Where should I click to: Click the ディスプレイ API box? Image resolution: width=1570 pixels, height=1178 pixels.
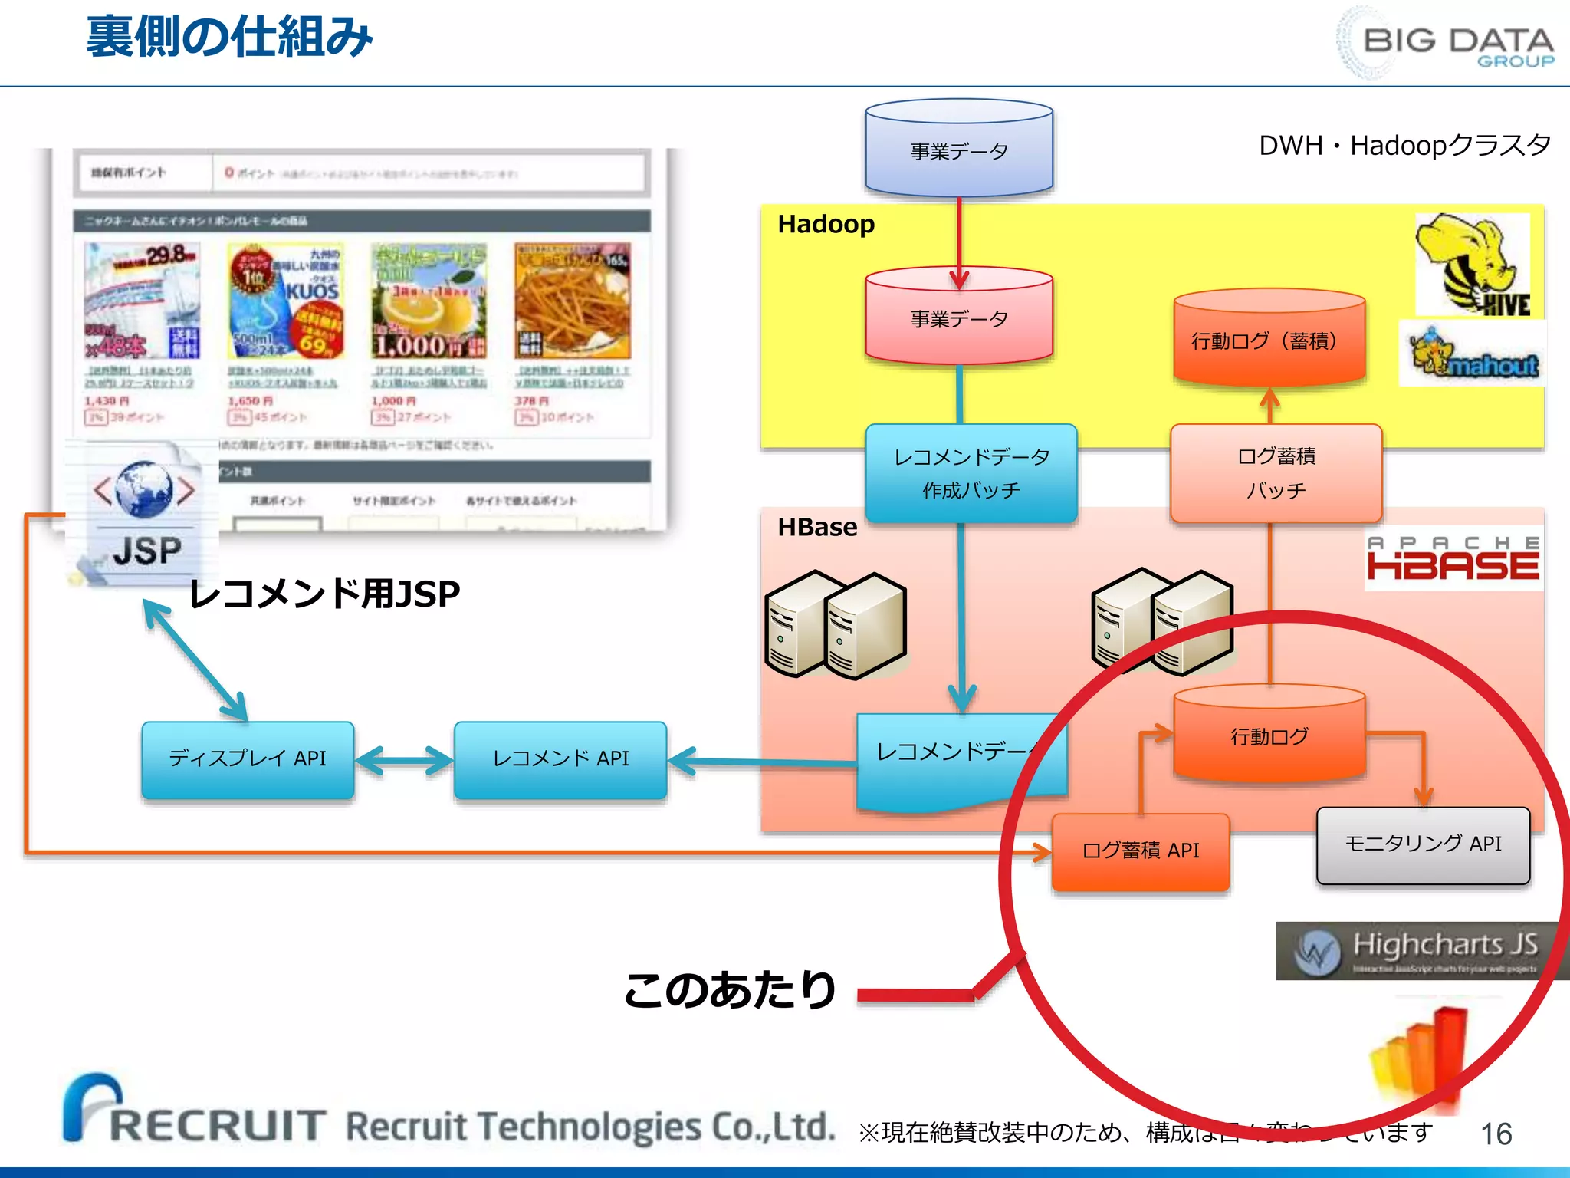pos(248,759)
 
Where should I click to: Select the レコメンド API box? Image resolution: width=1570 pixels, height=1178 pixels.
pos(560,759)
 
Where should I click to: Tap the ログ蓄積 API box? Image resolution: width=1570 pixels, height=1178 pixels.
pos(1141,851)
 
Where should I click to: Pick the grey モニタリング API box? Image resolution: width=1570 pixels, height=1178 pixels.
pos(1423,844)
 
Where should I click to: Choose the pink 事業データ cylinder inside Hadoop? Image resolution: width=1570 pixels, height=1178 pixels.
pos(959,316)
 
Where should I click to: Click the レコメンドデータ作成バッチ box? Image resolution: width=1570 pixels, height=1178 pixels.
pos(971,473)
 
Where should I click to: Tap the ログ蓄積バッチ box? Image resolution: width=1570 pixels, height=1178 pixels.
pos(1276,473)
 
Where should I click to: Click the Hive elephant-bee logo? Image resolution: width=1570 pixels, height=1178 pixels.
pos(1472,265)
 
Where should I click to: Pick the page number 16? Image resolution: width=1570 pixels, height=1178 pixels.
pos(1496,1134)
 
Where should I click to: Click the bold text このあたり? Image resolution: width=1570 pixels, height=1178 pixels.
pos(730,989)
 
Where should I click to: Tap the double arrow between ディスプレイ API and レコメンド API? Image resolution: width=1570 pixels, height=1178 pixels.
pos(404,761)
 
